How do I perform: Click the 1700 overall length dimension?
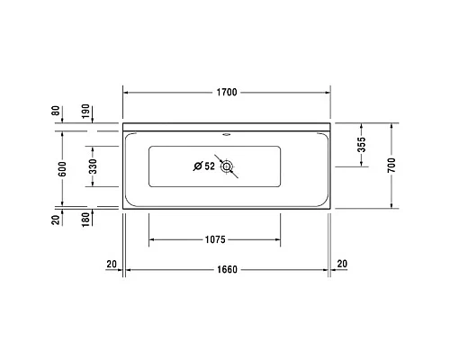227,93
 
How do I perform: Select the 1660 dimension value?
227,269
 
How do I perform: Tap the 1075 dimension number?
214,240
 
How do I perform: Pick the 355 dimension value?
361,146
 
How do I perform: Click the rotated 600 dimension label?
60,167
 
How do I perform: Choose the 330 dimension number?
91,166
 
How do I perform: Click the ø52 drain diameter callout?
204,166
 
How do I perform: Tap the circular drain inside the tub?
227,166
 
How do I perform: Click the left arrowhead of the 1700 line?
127,93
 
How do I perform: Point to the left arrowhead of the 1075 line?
152,240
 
